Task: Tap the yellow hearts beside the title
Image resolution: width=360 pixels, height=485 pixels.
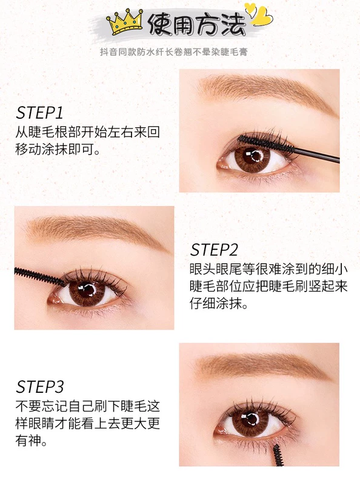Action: click(259, 14)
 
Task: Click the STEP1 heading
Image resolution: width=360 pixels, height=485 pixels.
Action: click(39, 113)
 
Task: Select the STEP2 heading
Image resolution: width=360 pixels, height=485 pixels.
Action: click(214, 250)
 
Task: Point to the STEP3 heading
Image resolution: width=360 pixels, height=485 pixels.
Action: click(39, 387)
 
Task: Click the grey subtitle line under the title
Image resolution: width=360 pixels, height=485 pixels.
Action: click(173, 52)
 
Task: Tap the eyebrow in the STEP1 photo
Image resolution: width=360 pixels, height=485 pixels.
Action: click(266, 92)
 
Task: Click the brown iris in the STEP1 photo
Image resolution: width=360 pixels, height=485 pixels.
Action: click(252, 158)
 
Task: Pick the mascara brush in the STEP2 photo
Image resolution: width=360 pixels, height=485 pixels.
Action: click(39, 276)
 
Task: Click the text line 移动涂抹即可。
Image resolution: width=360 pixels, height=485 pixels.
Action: click(58, 150)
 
